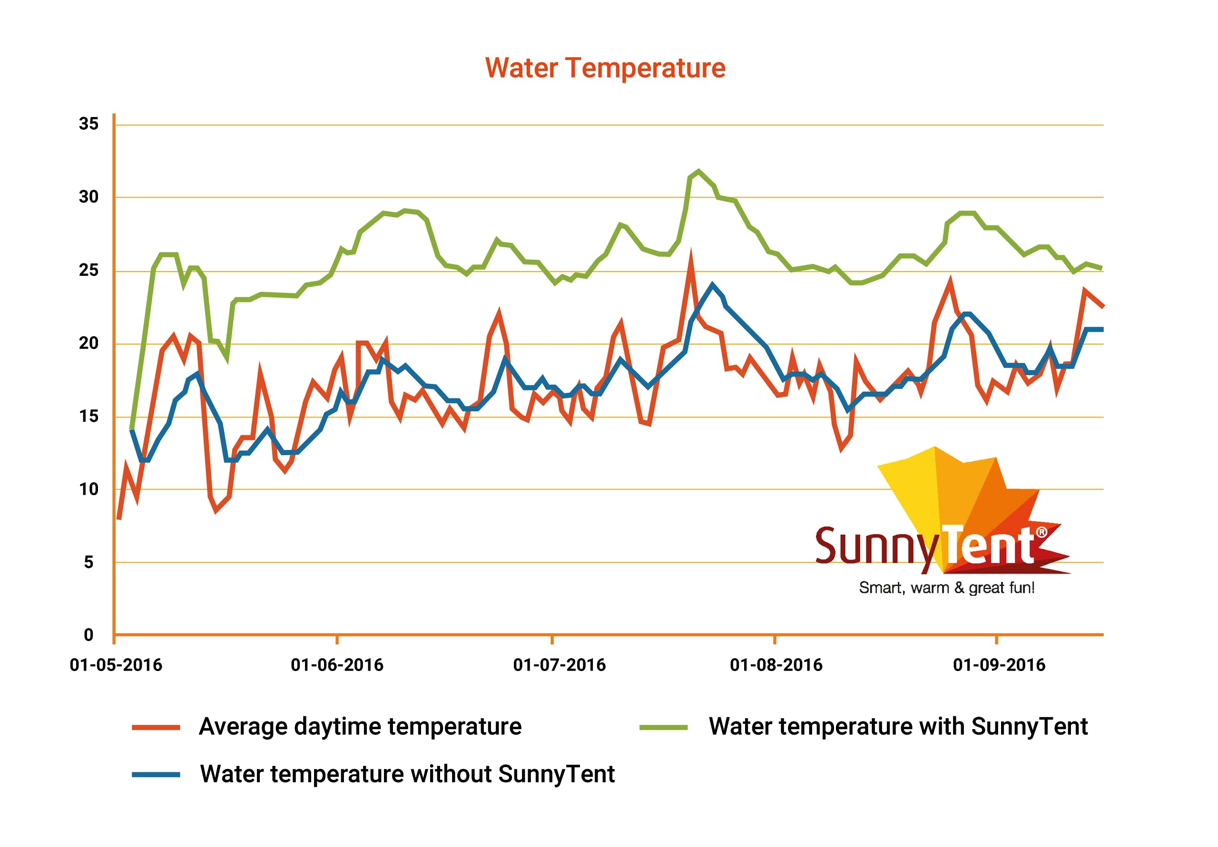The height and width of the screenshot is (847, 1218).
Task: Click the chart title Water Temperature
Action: pyautogui.click(x=605, y=68)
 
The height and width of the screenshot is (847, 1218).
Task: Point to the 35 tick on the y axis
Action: pyautogui.click(x=88, y=124)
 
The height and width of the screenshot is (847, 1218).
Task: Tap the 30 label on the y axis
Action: pyautogui.click(x=88, y=197)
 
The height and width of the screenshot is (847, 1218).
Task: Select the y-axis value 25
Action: pyautogui.click(x=88, y=271)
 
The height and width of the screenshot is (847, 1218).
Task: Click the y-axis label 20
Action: pyautogui.click(x=88, y=344)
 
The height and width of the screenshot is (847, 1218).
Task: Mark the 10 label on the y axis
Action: pyautogui.click(x=88, y=489)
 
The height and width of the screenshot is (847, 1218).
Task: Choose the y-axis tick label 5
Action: pyautogui.click(x=88, y=562)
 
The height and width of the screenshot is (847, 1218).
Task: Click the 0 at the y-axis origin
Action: pyautogui.click(x=88, y=635)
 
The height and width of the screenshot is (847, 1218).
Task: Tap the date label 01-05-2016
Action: pyautogui.click(x=116, y=665)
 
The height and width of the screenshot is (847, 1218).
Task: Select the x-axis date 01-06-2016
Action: pyautogui.click(x=337, y=665)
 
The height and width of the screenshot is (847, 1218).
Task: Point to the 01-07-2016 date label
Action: pyautogui.click(x=560, y=665)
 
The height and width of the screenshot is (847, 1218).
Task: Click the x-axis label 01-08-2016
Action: pyautogui.click(x=776, y=665)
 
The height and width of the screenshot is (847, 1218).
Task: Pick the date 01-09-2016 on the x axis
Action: pyautogui.click(x=1000, y=665)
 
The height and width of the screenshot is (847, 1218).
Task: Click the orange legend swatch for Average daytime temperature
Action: pyautogui.click(x=156, y=728)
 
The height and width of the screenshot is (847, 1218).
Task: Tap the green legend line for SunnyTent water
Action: pyautogui.click(x=664, y=728)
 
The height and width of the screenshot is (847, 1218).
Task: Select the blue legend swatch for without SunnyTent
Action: pyautogui.click(x=156, y=775)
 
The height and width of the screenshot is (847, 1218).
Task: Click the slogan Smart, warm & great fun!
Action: pyautogui.click(x=947, y=588)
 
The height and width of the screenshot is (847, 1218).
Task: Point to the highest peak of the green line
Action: pyautogui.click(x=698, y=171)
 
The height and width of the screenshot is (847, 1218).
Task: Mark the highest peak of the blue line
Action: pyautogui.click(x=712, y=284)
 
